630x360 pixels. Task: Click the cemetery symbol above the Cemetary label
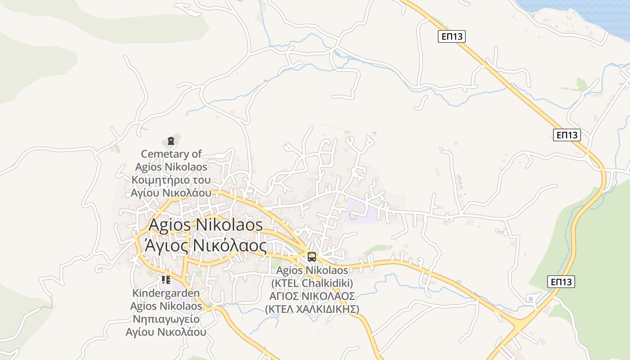[171, 141]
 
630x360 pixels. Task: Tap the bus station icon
[311, 257]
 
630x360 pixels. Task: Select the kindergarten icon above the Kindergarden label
[166, 280]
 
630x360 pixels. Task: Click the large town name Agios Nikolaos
[206, 225]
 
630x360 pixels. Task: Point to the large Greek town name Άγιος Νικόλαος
[205, 246]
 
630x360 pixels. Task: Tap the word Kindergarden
[166, 293]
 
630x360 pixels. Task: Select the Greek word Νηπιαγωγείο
[166, 319]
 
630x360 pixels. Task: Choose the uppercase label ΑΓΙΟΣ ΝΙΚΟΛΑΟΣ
[312, 296]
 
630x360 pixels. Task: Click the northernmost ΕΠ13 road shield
[452, 37]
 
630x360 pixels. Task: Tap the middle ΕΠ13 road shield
[567, 135]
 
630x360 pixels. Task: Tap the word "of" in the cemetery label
[197, 154]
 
